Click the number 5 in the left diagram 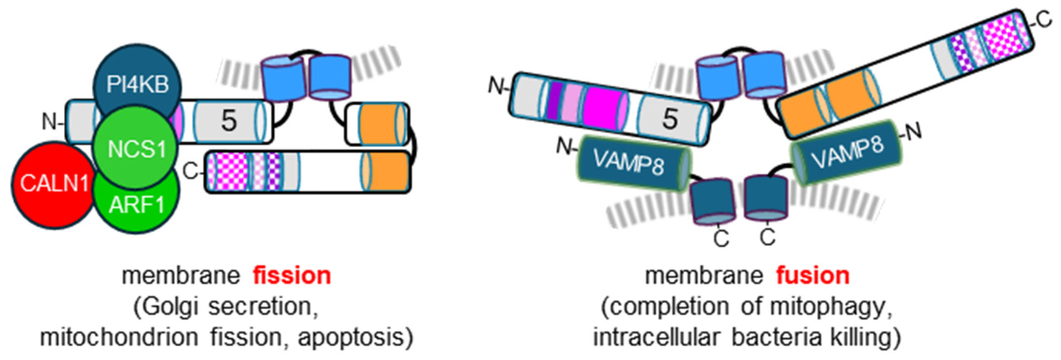[x=229, y=121]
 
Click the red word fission [x=292, y=275]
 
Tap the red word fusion [x=813, y=275]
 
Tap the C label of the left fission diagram [x=190, y=171]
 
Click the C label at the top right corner [x=1044, y=20]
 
